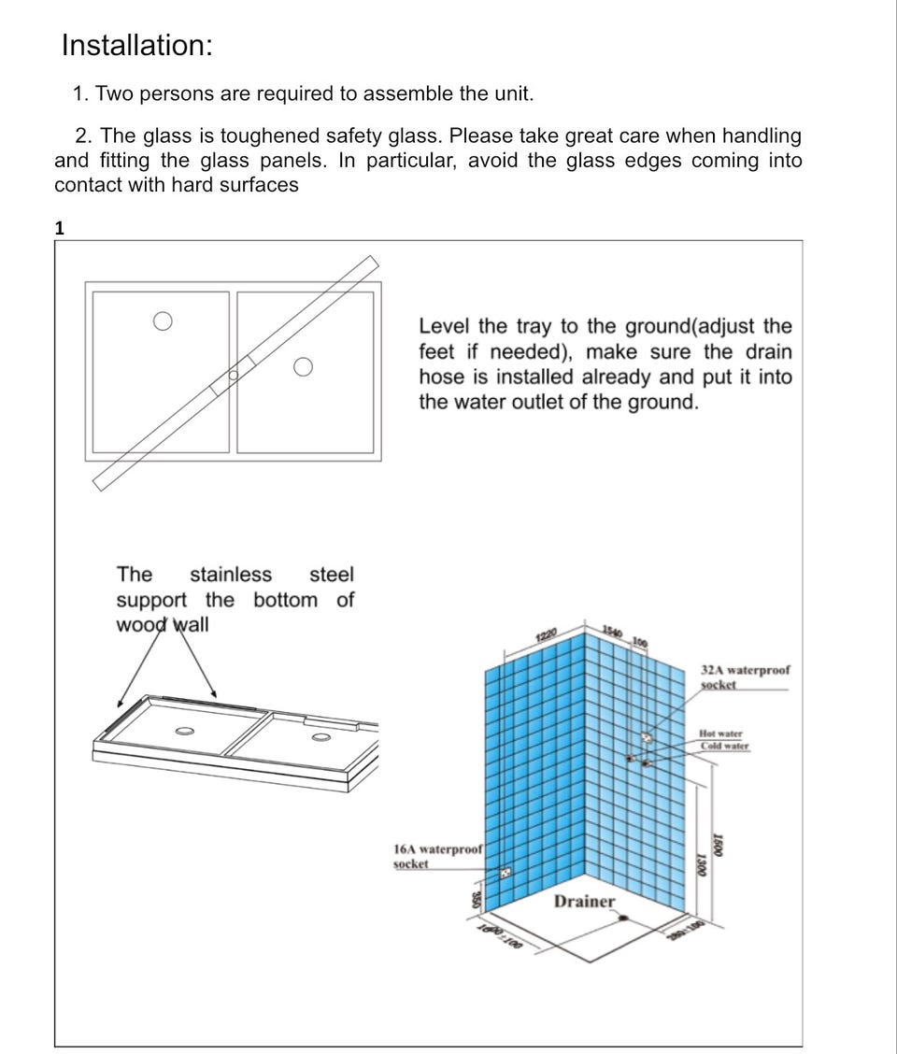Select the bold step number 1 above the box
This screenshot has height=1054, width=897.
(x=60, y=227)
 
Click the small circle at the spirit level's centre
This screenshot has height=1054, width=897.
(x=234, y=375)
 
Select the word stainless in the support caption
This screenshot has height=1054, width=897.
(x=231, y=575)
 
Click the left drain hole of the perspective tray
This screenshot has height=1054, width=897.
(x=184, y=730)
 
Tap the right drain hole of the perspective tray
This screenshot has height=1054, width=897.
(x=320, y=736)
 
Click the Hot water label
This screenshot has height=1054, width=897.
(x=721, y=734)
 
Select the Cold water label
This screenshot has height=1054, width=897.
(x=724, y=746)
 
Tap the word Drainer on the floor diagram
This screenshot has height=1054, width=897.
(x=585, y=901)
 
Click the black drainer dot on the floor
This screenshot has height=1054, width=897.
(x=625, y=918)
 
